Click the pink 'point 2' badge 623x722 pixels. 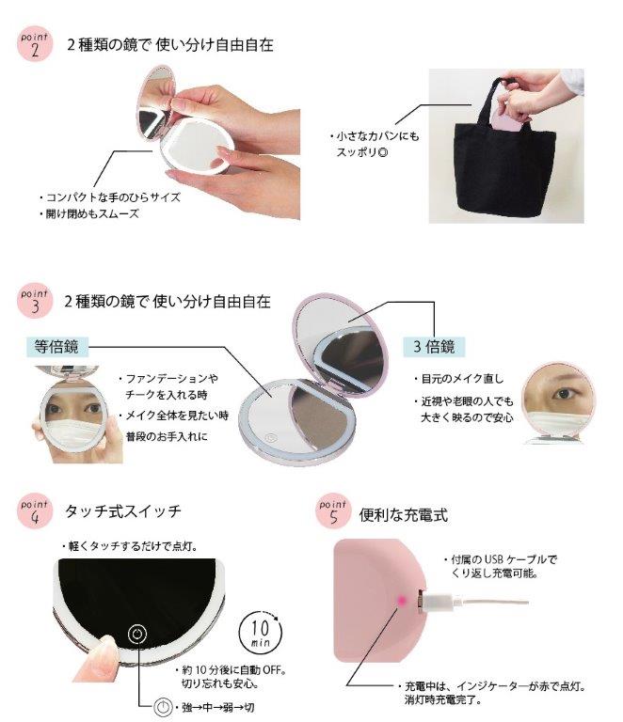[35, 44]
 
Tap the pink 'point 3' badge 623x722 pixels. [35, 301]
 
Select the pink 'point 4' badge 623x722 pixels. [35, 511]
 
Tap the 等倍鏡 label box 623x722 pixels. [56, 347]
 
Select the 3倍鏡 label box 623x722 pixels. [434, 347]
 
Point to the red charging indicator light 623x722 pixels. [401, 601]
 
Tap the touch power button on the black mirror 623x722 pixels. [136, 634]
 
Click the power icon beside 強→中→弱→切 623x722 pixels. [162, 707]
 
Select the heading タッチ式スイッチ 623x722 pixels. [123, 511]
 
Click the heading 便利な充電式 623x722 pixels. [403, 515]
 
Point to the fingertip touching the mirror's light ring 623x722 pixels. [104, 647]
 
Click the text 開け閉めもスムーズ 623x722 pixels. [92, 213]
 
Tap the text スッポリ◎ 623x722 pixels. [362, 152]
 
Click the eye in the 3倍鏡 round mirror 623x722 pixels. [564, 394]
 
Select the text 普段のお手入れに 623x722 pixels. [167, 436]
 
